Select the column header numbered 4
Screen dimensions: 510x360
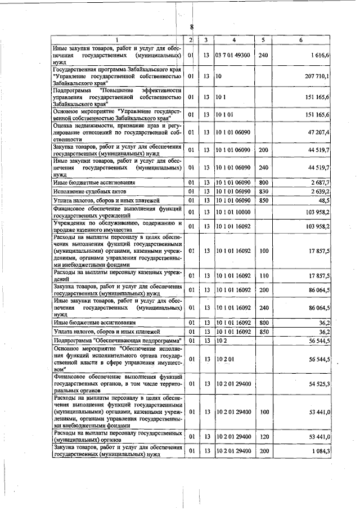click(234, 40)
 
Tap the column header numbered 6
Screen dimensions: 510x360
click(301, 40)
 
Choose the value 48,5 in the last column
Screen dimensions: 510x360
click(324, 200)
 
